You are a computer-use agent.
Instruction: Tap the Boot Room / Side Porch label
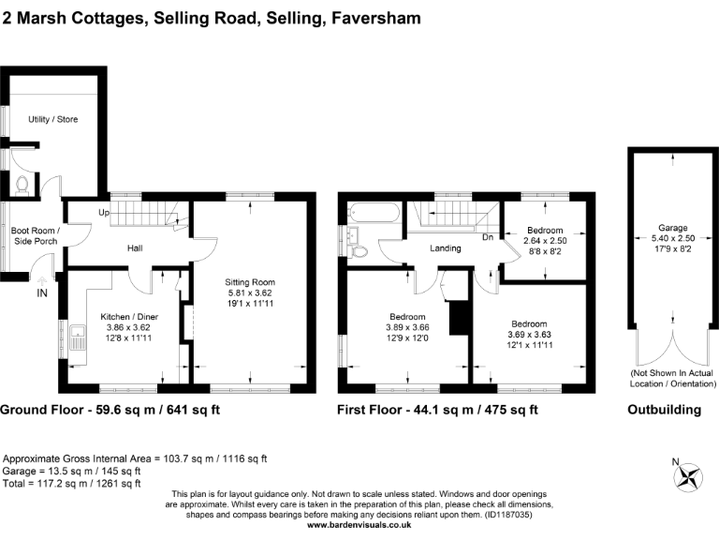coord(35,236)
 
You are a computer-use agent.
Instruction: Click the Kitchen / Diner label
coord(129,317)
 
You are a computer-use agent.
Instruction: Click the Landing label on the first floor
coord(447,248)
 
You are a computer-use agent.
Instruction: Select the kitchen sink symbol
coord(76,335)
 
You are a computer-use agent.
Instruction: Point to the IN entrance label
coord(42,293)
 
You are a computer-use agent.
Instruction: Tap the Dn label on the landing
coord(488,237)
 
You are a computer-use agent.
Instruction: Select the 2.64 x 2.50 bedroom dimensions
coord(544,241)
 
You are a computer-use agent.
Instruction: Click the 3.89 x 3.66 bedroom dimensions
coord(408,327)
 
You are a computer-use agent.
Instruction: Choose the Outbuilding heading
coord(665,410)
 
